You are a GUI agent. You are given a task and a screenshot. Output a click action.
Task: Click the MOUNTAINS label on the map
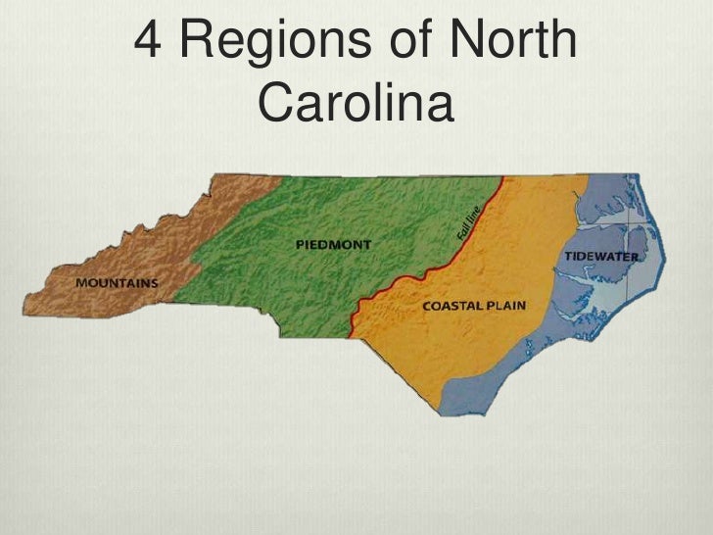click(x=117, y=283)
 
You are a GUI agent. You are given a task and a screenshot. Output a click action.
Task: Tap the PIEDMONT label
click(x=333, y=243)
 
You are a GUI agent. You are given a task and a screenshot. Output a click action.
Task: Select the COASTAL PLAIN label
click(x=474, y=306)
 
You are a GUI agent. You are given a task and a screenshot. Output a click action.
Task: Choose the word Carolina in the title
click(x=356, y=103)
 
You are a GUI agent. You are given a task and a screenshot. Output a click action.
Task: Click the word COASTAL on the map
click(x=452, y=306)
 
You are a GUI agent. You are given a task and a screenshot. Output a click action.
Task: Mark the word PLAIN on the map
click(x=506, y=306)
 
